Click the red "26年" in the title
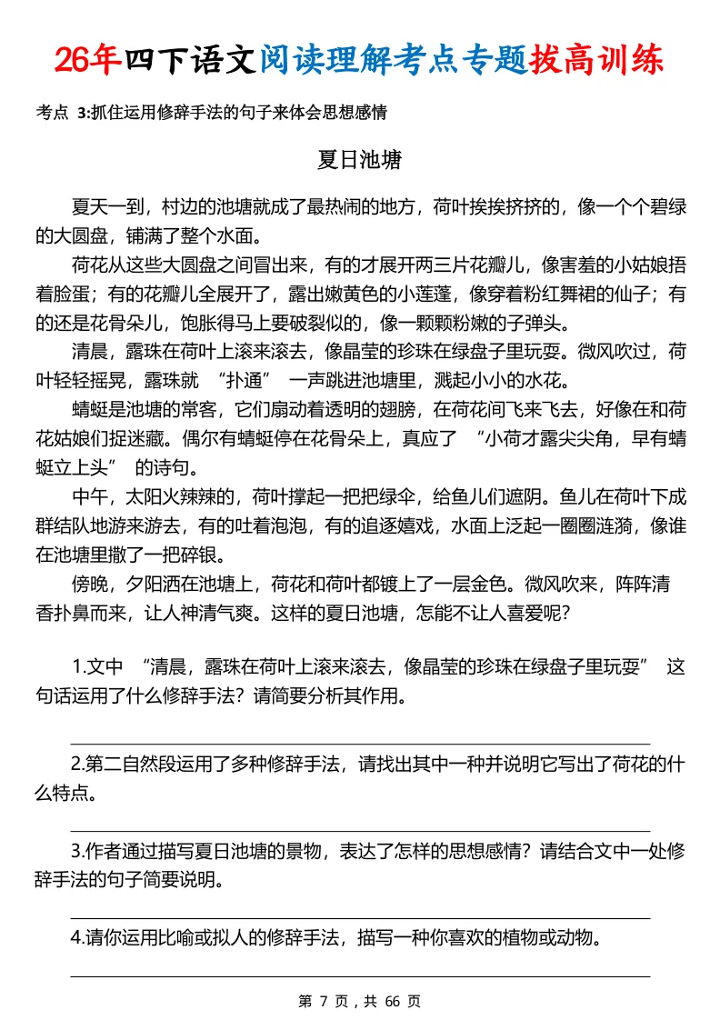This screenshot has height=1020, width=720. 87,59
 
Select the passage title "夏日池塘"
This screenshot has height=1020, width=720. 360,160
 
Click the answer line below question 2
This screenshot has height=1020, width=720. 360,831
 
